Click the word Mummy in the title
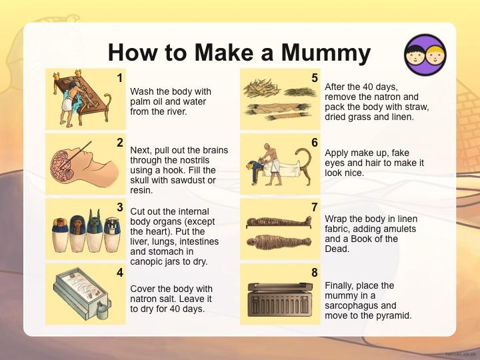click(x=326, y=53)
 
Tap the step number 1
click(x=120, y=78)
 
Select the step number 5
click(x=315, y=78)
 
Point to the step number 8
click(x=315, y=273)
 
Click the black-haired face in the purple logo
click(x=415, y=55)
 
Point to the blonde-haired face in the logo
click(x=435, y=55)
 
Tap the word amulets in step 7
click(x=399, y=229)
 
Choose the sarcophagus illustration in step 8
click(x=280, y=299)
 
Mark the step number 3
click(x=120, y=207)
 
